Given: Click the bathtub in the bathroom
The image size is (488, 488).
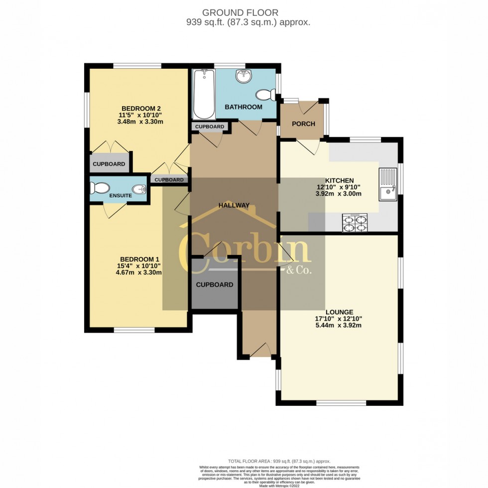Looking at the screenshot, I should click(204, 94).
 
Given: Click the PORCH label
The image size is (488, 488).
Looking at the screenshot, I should click(303, 123).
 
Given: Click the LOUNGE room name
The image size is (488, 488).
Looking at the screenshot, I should click(341, 312).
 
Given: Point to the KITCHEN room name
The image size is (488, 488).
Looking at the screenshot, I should click(339, 180).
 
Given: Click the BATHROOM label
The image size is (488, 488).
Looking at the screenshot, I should click(243, 107).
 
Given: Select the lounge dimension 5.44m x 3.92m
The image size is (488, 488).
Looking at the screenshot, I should click(341, 326).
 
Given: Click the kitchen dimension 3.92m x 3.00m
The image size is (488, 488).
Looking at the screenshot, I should click(339, 194).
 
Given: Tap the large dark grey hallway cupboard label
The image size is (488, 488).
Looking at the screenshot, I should click(214, 285).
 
